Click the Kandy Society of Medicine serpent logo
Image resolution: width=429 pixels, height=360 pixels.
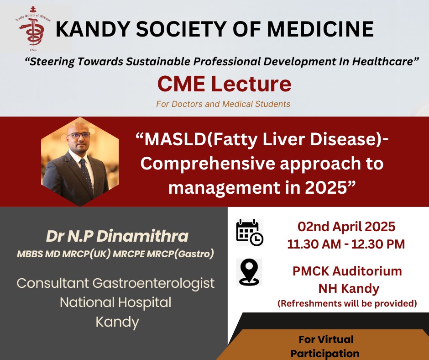(x=33, y=28)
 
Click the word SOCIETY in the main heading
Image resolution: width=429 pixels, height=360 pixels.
(x=181, y=29)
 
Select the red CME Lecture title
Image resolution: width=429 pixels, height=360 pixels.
(x=225, y=84)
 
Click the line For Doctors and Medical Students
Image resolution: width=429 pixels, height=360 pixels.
(x=223, y=104)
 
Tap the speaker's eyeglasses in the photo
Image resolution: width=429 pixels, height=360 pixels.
(x=78, y=135)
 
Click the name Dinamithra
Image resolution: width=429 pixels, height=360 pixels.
(x=142, y=236)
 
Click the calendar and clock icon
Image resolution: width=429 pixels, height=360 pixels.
(x=250, y=233)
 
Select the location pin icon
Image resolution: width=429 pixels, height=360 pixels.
(x=249, y=272)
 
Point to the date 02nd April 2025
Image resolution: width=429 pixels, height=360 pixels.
(x=346, y=227)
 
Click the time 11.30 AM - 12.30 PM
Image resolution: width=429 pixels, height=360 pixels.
(x=346, y=244)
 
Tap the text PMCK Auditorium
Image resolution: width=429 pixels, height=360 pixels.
(x=347, y=271)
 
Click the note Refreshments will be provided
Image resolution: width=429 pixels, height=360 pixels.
(x=347, y=303)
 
